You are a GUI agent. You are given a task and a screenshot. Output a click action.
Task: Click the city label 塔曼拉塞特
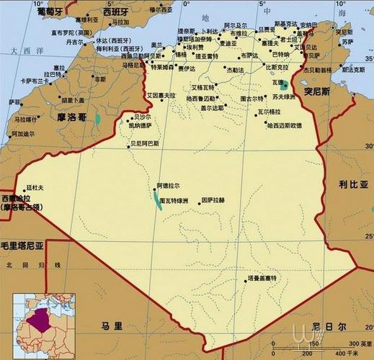point(266,277)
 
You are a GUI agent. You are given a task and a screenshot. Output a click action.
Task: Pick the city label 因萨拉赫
point(213,199)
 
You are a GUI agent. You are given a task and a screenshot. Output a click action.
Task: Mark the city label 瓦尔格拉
point(272,112)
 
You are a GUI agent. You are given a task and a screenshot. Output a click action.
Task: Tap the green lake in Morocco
point(99,114)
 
